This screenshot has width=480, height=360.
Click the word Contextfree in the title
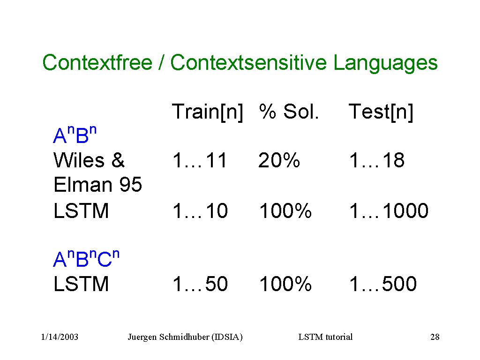97,62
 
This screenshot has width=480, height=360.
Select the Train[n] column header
208,112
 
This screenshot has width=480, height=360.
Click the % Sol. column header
289,112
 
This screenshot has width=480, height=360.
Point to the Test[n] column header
381,112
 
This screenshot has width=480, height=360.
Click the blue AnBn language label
75,134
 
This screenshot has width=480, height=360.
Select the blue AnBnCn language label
86,259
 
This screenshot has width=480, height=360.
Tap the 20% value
279,160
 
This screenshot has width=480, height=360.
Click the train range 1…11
200,160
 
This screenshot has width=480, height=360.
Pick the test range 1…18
377,160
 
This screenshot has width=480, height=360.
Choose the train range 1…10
201,211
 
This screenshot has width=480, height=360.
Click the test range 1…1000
389,211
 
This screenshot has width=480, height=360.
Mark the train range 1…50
201,284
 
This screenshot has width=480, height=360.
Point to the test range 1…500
383,284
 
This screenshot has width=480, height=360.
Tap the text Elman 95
98,185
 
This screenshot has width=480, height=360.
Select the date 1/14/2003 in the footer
60,337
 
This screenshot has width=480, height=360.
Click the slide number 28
435,337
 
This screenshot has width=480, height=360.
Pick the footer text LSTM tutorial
325,337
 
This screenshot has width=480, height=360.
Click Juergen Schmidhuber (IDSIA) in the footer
185,337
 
